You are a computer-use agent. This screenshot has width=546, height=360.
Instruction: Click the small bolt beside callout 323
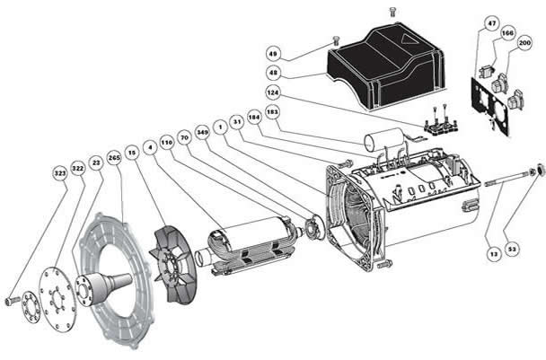[x=13, y=299]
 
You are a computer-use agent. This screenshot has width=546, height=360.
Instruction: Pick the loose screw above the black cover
[x=392, y=10]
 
